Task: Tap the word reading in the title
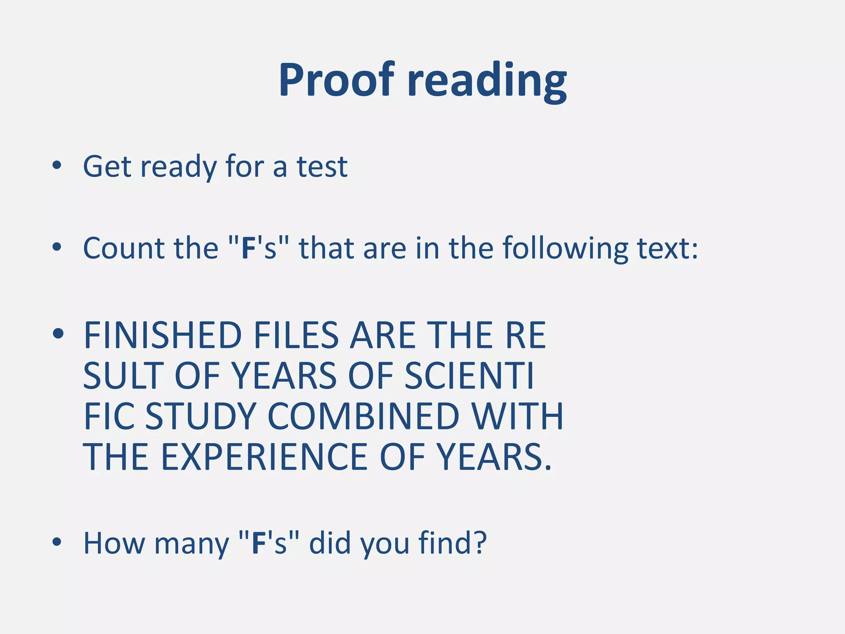tap(487, 81)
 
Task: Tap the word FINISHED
tap(163, 335)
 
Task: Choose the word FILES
tap(296, 335)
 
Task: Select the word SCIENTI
tap(469, 376)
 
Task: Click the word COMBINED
tap(363, 416)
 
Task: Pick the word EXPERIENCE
tap(264, 457)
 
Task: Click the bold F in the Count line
tap(248, 248)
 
